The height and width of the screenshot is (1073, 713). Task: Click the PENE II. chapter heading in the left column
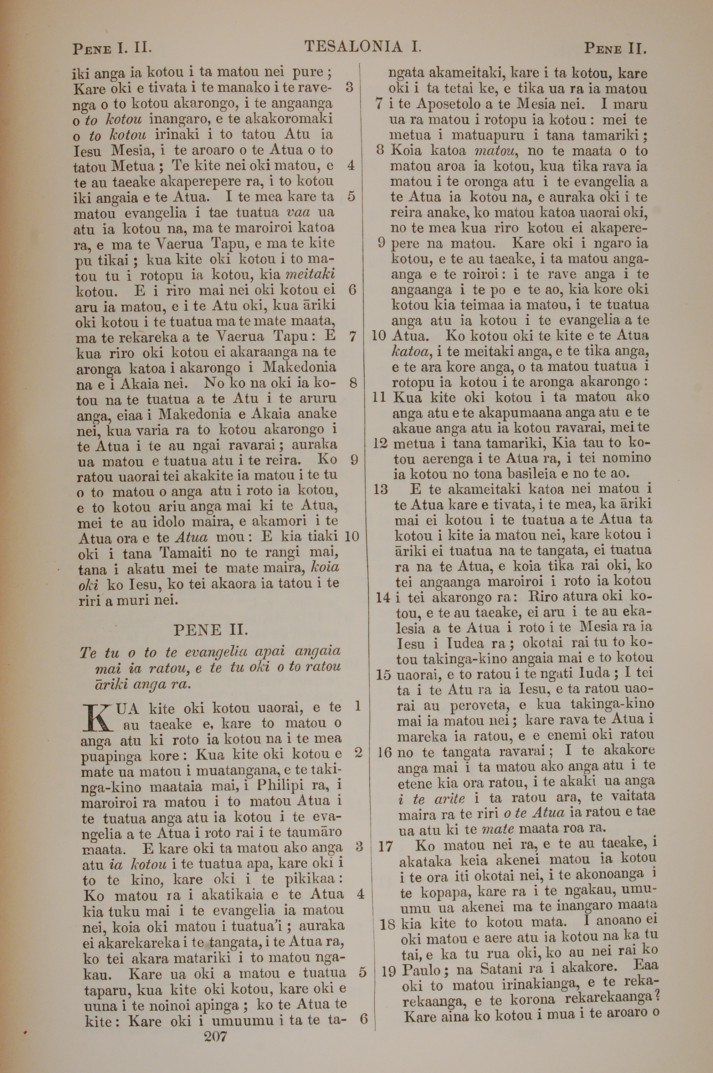211,630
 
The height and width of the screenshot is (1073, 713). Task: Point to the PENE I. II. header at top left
112,48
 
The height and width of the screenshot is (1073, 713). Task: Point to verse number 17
385,846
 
